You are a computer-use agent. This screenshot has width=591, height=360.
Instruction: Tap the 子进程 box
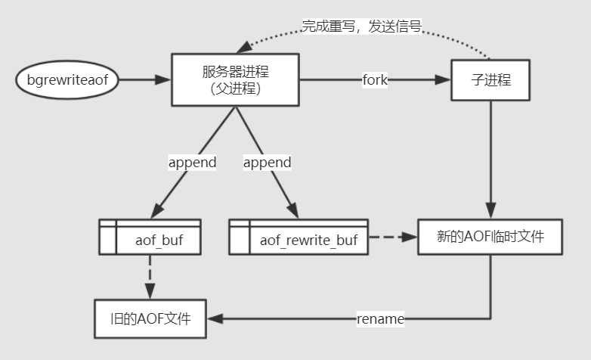[x=491, y=79]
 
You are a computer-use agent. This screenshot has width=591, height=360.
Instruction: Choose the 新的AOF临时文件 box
[x=490, y=237]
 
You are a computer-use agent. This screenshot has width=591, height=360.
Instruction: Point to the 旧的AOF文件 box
[x=151, y=318]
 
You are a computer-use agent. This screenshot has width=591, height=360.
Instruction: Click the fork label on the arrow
[x=375, y=80]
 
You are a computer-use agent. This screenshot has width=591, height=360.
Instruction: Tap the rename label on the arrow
[x=380, y=319]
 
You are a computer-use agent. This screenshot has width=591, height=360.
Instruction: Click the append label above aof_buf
[x=192, y=162]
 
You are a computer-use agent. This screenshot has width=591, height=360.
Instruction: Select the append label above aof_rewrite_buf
[x=267, y=162]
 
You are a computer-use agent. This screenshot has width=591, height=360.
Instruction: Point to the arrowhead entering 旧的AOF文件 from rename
[x=215, y=319]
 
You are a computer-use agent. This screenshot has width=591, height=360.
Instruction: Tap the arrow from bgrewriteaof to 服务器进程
[x=144, y=79]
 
